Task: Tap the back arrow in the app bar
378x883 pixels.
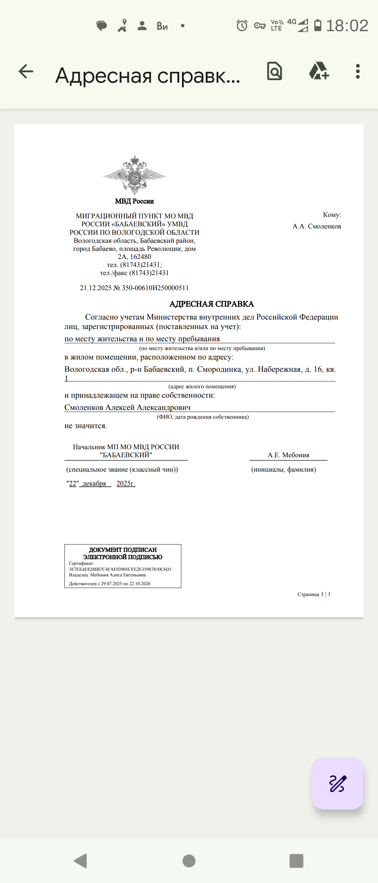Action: tap(26, 71)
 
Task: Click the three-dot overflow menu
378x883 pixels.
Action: tap(357, 71)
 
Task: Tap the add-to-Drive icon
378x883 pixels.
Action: tap(319, 71)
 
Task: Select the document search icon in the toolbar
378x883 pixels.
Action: tap(274, 71)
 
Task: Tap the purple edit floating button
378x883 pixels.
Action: tap(337, 783)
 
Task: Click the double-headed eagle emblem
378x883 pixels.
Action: tap(135, 175)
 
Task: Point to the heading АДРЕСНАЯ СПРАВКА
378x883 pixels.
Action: tap(211, 304)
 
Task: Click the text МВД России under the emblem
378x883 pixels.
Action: tap(134, 201)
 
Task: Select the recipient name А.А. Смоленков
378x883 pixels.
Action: tap(317, 226)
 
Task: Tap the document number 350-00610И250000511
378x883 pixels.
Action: tap(155, 288)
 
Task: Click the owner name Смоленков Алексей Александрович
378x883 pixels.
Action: tap(127, 407)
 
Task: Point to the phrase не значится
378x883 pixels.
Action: tap(86, 426)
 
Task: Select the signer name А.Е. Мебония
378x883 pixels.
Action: tap(288, 455)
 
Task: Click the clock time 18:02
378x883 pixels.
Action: tap(347, 26)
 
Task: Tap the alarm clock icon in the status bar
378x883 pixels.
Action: tap(242, 26)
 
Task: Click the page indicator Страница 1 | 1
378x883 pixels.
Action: tap(314, 594)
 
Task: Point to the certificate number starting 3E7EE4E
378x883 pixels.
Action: tap(120, 569)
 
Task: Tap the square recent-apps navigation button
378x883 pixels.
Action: tap(296, 861)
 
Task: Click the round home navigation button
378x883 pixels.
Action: tap(189, 861)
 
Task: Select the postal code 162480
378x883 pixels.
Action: tap(141, 256)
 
